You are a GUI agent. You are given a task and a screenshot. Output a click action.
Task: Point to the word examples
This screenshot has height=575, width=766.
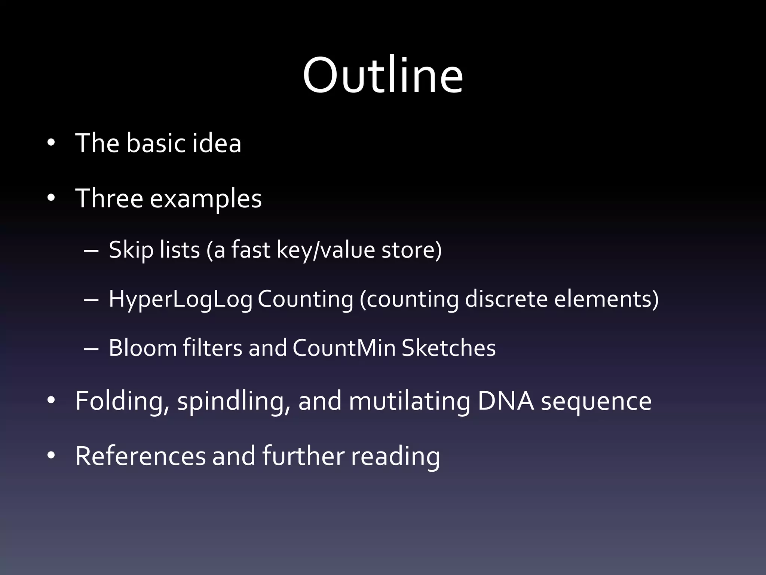coord(206,199)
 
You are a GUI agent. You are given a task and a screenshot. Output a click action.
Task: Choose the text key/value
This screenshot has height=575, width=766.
coord(325,250)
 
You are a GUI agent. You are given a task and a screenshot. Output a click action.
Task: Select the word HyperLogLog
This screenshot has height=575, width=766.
coord(180,299)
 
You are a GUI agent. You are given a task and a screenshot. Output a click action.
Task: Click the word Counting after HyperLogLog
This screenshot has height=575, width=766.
coord(305,299)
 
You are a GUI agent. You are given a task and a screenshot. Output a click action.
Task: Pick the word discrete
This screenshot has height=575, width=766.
coord(506,299)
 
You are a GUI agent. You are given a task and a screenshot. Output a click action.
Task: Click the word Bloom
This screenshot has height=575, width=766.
coord(143,348)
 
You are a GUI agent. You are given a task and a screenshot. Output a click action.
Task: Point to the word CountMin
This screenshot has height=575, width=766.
coord(344,348)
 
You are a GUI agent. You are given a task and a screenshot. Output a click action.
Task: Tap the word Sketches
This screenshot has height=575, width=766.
coord(448,348)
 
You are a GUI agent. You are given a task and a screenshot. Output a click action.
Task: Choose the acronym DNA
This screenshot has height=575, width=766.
coord(506,401)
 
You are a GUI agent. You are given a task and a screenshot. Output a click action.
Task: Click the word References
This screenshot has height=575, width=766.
coord(141,456)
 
